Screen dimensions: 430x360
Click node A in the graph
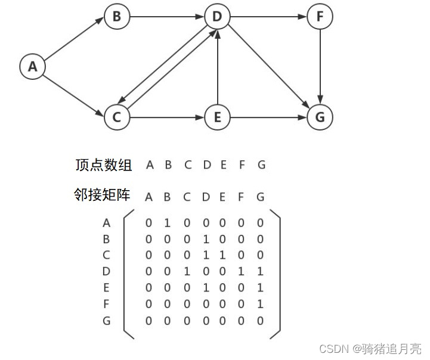coord(32,67)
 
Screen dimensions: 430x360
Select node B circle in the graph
coord(116,17)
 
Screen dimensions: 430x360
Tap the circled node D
coord(217,17)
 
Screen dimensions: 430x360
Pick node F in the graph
coord(320,17)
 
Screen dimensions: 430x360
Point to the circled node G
coord(320,117)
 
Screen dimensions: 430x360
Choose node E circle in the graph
coord(217,117)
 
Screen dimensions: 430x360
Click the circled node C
coord(116,117)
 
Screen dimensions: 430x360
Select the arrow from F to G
coord(320,67)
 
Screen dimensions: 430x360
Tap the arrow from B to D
coord(167,17)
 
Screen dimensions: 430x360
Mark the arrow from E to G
coord(268,117)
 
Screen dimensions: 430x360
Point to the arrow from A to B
coord(74,42)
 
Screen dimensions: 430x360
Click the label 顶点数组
coord(104,165)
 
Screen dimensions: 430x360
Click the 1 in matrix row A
coord(168,224)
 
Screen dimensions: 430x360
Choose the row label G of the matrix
coord(107,321)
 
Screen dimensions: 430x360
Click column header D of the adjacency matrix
coord(207,197)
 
